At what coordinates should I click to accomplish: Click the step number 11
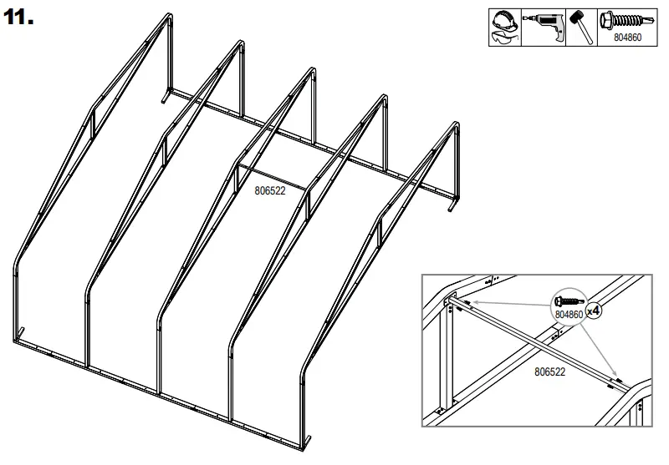pyautogui.click(x=18, y=19)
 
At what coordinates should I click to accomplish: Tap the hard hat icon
pyautogui.click(x=503, y=19)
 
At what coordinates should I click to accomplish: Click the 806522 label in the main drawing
pyautogui.click(x=270, y=190)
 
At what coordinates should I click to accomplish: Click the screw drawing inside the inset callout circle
pyautogui.click(x=568, y=299)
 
